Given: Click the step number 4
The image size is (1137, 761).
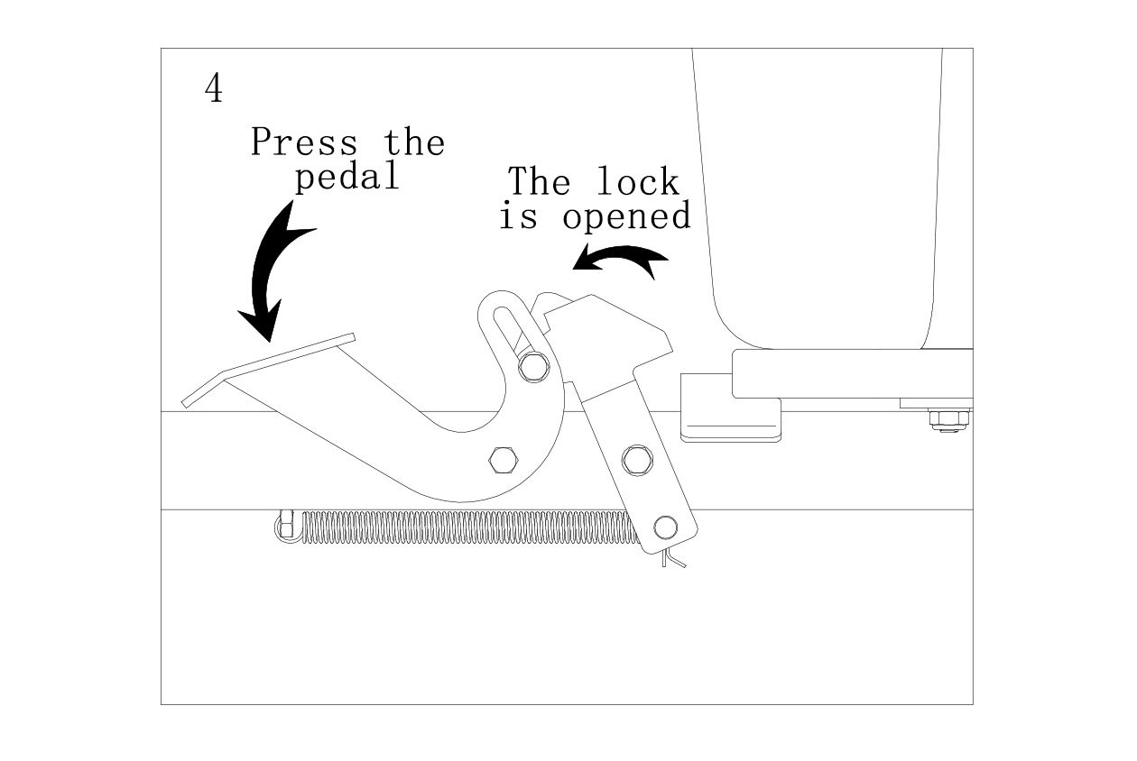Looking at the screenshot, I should click(214, 88).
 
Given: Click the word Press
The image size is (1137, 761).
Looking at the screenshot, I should click(303, 142).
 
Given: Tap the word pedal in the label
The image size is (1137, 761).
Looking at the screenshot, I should click(347, 177).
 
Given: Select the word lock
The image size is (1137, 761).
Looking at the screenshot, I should click(637, 182).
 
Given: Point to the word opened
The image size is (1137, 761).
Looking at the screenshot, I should click(626, 216).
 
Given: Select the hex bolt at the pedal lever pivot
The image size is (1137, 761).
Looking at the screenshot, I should click(502, 460).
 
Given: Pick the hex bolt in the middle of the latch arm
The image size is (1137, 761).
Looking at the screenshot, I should click(637, 459).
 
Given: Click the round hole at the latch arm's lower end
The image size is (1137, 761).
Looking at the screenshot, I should click(667, 526).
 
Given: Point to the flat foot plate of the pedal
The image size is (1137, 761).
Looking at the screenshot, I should click(271, 370).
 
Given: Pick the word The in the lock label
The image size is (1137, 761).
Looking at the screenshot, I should click(539, 182).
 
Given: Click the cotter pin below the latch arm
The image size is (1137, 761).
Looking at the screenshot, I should click(672, 560).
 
